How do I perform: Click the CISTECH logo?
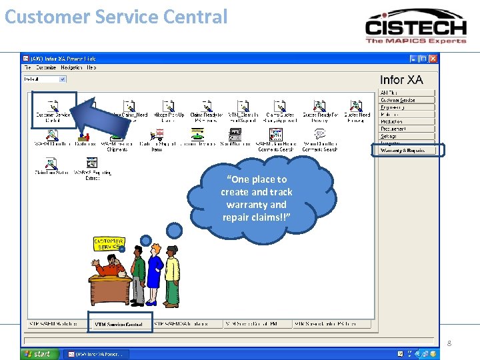pyautogui.click(x=415, y=26)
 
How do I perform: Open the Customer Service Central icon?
pyautogui.click(x=53, y=110)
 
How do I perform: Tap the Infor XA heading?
pyautogui.click(x=401, y=80)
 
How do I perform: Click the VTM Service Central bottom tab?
pyautogui.click(x=119, y=324)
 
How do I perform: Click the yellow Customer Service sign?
pyautogui.click(x=108, y=244)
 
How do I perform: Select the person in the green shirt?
pyautogui.click(x=138, y=273)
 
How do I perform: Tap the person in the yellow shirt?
pyautogui.click(x=172, y=273)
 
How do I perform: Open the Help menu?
pyautogui.click(x=91, y=68)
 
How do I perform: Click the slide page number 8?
pyautogui.click(x=449, y=343)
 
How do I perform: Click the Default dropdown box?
pyautogui.click(x=45, y=79)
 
